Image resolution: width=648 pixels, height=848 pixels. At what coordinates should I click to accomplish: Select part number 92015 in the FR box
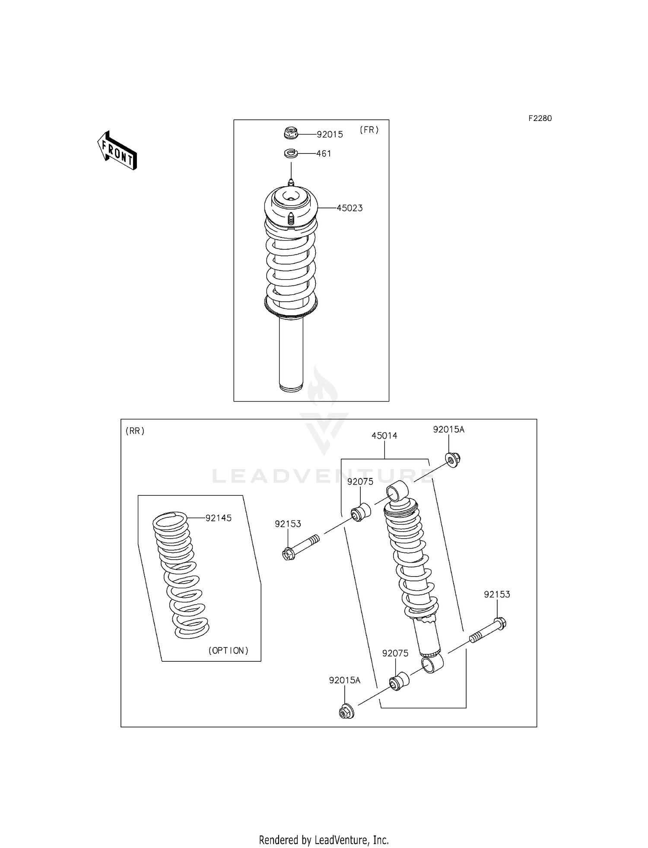point(330,134)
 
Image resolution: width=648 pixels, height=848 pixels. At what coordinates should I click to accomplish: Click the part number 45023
point(349,208)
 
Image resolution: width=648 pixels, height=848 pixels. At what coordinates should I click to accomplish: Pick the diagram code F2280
point(540,118)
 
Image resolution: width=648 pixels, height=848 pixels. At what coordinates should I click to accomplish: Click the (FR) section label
point(369,130)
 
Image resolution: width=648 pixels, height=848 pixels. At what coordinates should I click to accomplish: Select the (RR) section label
point(135,431)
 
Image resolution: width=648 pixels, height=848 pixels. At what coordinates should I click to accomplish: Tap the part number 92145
point(218,518)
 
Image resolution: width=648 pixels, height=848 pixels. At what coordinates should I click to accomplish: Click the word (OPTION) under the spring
point(228,650)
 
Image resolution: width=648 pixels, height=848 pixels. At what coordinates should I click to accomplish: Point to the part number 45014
point(384,436)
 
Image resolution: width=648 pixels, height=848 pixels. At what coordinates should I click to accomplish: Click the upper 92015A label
point(448,429)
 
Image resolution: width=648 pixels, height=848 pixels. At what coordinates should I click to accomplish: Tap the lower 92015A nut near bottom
point(346,711)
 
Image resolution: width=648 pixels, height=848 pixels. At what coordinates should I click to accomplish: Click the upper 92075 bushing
point(361,512)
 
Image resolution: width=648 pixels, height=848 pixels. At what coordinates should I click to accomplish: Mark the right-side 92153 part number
point(497,594)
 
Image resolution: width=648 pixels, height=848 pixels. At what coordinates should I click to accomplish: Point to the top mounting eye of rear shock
point(397,491)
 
